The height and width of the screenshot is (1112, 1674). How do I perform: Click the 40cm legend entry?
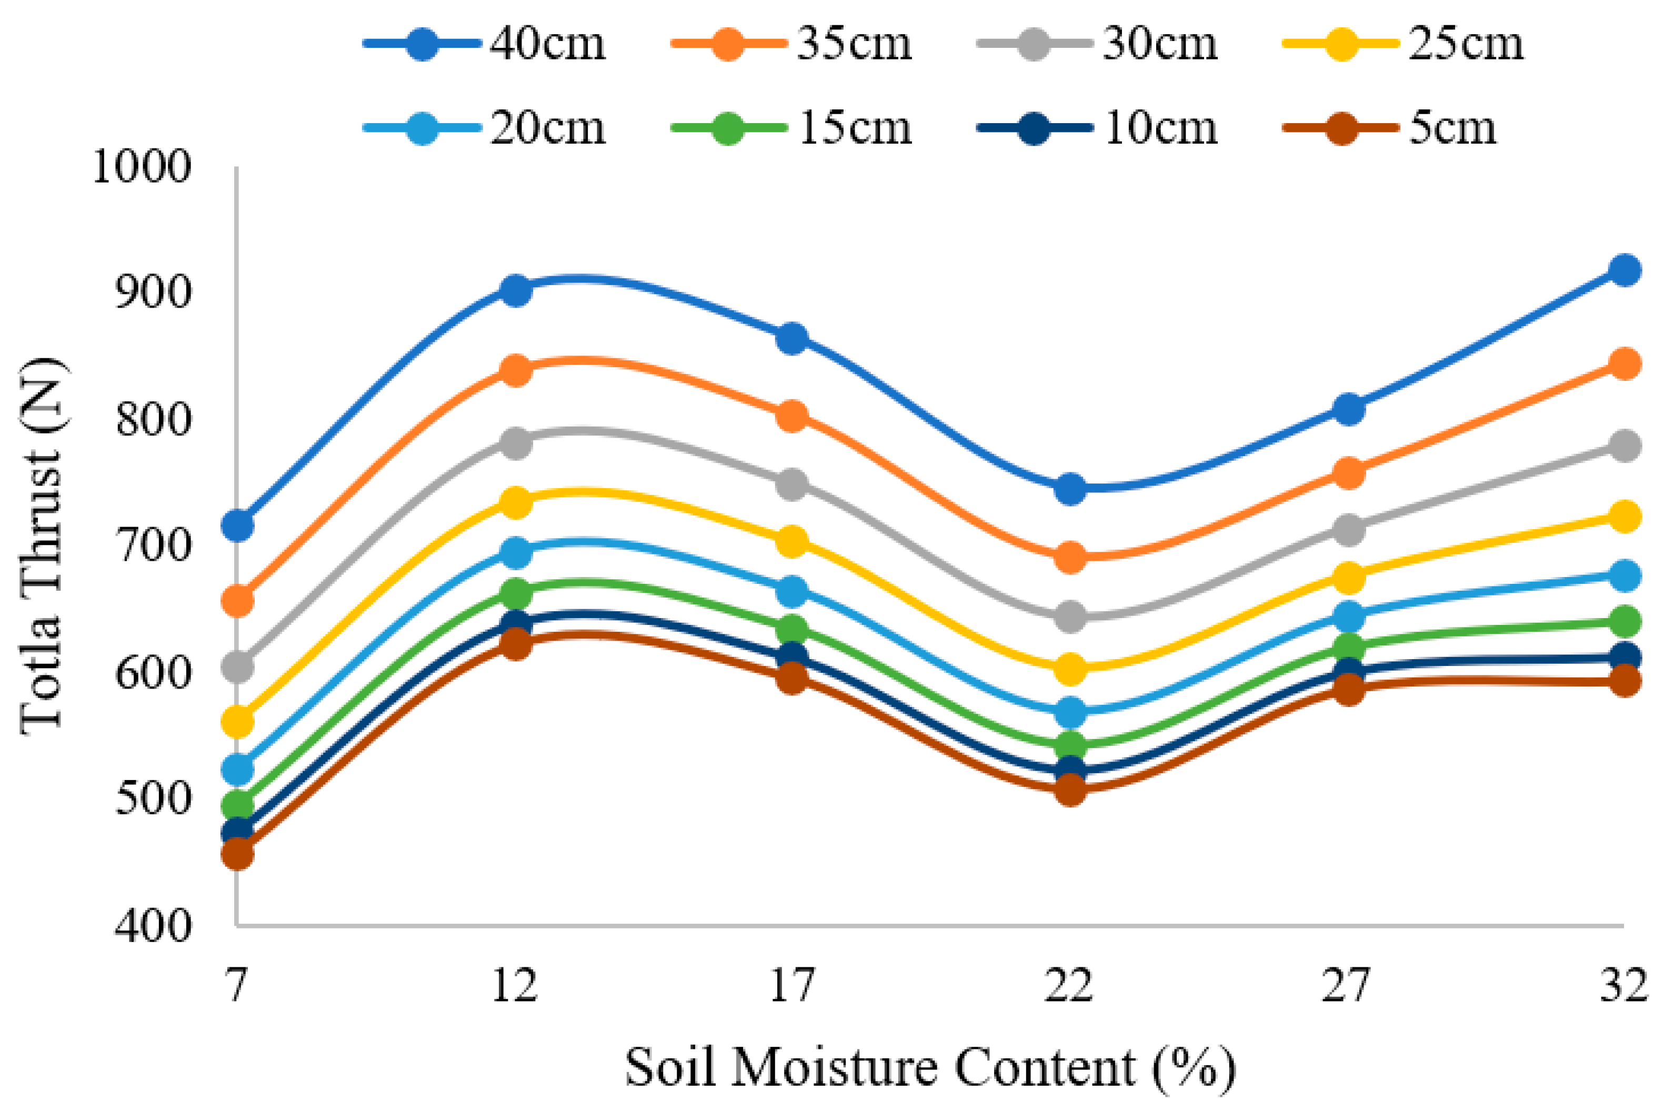pos(486,44)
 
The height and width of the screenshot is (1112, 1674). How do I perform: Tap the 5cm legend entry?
pos(1390,128)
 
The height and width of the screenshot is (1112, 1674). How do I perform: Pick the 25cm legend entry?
pos(1405,44)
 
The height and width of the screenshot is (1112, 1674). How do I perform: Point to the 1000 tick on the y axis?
pos(142,168)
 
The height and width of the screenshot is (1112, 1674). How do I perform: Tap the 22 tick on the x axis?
pos(1069,985)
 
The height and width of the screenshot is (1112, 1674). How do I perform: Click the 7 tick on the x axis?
pos(237,985)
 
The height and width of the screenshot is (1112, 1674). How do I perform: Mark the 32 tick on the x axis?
pos(1623,985)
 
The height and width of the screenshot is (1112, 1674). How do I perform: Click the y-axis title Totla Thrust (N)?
pos(43,547)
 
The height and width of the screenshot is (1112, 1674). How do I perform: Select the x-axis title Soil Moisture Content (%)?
pos(930,1067)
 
